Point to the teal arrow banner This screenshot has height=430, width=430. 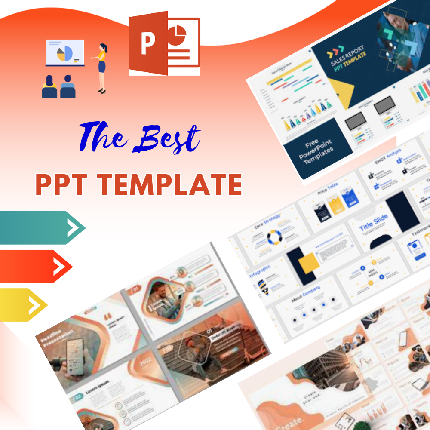(x=41, y=227)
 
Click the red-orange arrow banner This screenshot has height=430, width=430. (x=34, y=266)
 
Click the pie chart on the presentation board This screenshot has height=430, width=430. (x=64, y=54)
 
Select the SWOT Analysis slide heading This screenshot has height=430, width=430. (x=387, y=156)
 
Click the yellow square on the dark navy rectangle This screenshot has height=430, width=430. (x=309, y=263)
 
